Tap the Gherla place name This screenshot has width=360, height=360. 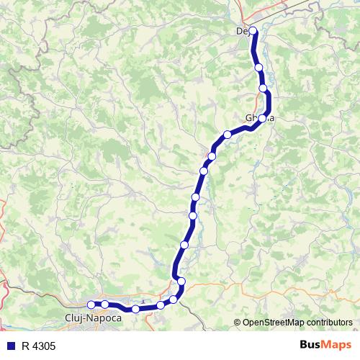[259, 118]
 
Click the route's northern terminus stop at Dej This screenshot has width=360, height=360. [253, 31]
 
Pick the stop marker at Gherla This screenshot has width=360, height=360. [263, 118]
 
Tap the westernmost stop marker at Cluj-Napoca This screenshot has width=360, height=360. [91, 305]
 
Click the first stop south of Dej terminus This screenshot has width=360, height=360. [258, 68]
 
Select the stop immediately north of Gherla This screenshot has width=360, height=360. [263, 89]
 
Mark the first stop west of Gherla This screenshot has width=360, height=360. [228, 134]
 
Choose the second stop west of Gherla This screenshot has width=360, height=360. [212, 156]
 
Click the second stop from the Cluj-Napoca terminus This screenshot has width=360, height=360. [105, 305]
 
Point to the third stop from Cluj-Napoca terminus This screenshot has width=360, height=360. [135, 310]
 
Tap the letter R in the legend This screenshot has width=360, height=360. [25, 346]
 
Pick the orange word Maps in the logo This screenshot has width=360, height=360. [337, 346]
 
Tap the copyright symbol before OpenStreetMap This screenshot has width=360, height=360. [238, 323]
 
